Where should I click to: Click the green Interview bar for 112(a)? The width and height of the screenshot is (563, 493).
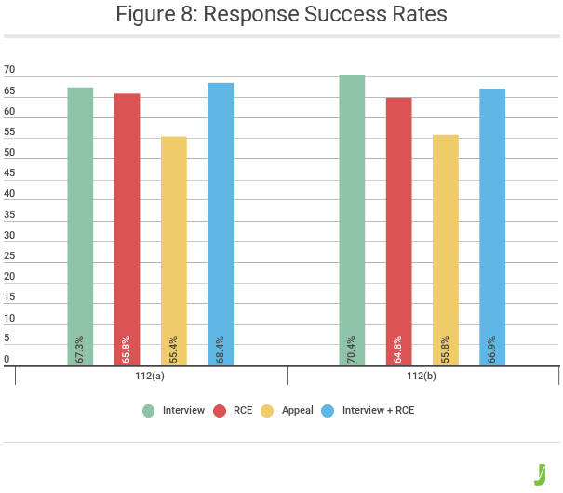[x=81, y=224]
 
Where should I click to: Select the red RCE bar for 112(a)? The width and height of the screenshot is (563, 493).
[x=127, y=228]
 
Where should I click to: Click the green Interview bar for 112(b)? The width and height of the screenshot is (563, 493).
[x=352, y=219]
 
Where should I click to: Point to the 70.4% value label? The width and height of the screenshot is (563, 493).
[x=352, y=349]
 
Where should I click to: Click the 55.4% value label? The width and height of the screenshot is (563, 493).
[x=174, y=349]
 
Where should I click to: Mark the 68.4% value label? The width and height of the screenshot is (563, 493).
[x=221, y=349]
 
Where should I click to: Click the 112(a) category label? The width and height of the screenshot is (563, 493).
[x=151, y=377]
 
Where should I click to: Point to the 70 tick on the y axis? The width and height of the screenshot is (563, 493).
[x=9, y=70]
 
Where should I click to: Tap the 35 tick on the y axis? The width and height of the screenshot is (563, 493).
[x=9, y=214]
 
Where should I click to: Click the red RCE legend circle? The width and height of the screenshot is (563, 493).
[x=221, y=411]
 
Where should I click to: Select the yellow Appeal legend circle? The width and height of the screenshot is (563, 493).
[x=266, y=411]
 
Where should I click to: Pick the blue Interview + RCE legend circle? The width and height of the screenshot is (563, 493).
[x=328, y=411]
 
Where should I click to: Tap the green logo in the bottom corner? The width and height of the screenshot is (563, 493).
[x=539, y=472]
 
